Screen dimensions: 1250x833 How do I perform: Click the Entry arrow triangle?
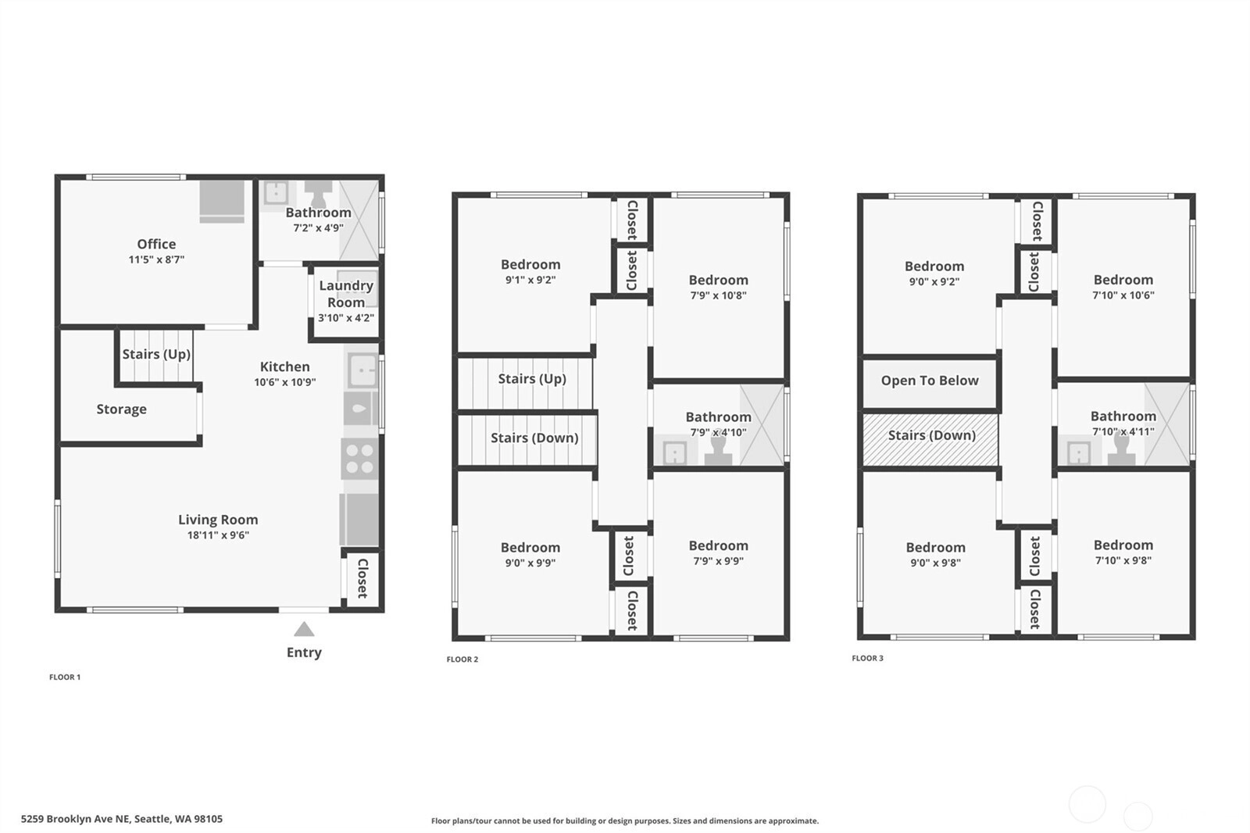[304, 629]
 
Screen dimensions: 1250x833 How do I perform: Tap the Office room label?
[156, 244]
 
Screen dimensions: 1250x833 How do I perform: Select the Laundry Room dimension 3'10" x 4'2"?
[346, 318]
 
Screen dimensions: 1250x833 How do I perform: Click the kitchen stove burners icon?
[360, 459]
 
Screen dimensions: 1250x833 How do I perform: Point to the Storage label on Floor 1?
[122, 409]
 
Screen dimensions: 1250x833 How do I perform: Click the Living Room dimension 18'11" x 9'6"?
[218, 534]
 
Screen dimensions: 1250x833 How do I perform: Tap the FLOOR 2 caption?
[462, 660]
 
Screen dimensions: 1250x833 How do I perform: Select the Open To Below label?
[930, 381]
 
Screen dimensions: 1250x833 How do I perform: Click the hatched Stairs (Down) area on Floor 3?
[930, 439]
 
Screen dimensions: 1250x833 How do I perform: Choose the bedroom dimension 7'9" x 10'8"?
[718, 295]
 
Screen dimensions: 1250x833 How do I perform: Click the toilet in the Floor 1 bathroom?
[318, 193]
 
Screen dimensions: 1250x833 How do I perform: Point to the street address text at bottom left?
[122, 819]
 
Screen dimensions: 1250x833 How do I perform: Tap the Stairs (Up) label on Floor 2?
[532, 379]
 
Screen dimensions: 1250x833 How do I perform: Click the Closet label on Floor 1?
[362, 578]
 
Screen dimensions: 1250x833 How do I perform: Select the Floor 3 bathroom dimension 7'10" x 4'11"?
[1123, 431]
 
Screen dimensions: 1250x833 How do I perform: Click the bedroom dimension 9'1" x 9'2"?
[530, 280]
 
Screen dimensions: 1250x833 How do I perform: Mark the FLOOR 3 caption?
[867, 658]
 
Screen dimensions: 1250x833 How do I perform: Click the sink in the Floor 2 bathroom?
[675, 452]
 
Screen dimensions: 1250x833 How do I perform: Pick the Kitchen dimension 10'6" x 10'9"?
[285, 382]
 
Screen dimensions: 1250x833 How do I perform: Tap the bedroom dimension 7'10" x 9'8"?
[1123, 560]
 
